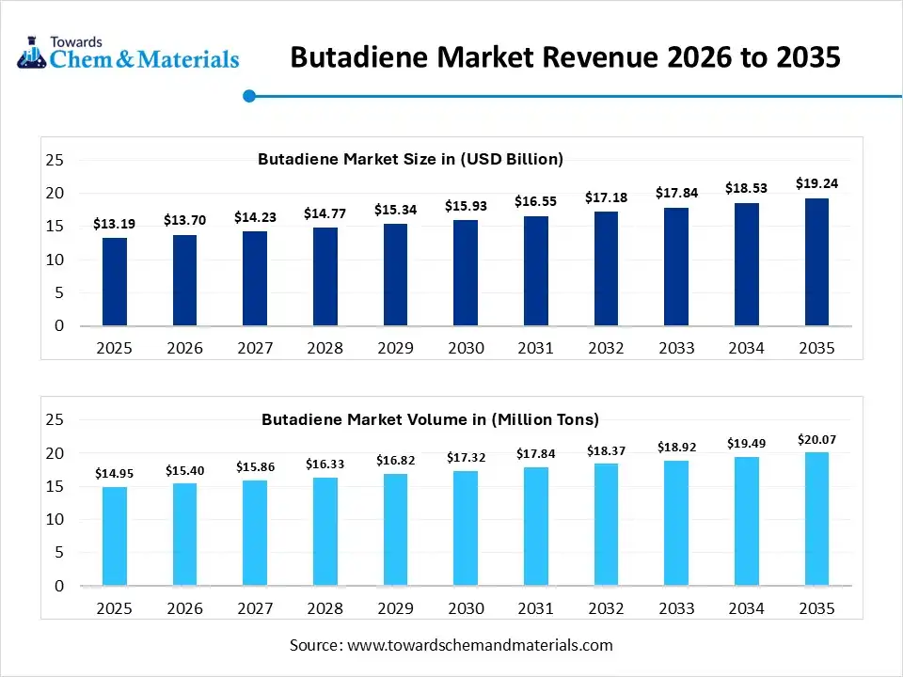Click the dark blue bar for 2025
pyautogui.click(x=115, y=282)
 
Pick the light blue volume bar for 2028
pyautogui.click(x=325, y=531)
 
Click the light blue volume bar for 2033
pyautogui.click(x=676, y=523)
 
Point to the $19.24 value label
pyautogui.click(x=816, y=183)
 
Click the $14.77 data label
pyautogui.click(x=325, y=213)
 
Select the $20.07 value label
pyautogui.click(x=816, y=439)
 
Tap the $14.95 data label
pyautogui.click(x=115, y=474)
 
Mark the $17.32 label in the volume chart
pyautogui.click(x=466, y=458)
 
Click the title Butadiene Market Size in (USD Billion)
pyautogui.click(x=410, y=159)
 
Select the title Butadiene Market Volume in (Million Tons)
pyautogui.click(x=430, y=418)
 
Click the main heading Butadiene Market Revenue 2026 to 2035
pyautogui.click(x=564, y=57)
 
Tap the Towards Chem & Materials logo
pyautogui.click(x=129, y=53)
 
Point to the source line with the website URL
pyautogui.click(x=451, y=645)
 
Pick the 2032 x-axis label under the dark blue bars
pyautogui.click(x=606, y=348)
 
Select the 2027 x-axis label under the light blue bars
pyautogui.click(x=255, y=608)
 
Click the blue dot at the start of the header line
pyautogui.click(x=249, y=95)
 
